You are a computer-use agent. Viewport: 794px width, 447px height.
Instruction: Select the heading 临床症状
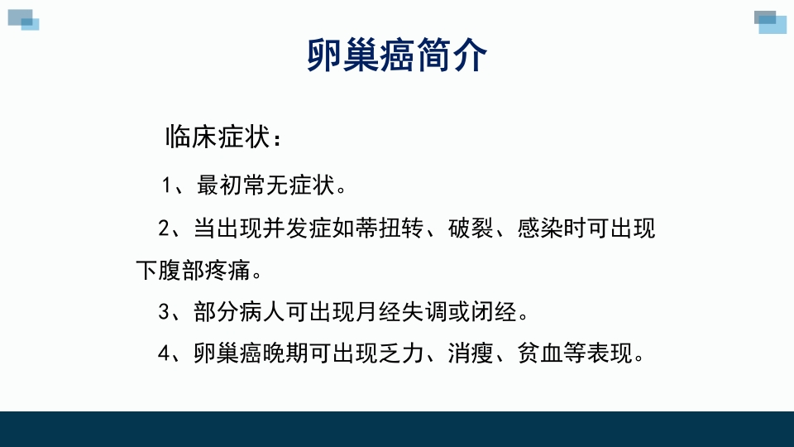[218, 138]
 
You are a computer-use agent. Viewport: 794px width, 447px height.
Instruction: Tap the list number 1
[167, 185]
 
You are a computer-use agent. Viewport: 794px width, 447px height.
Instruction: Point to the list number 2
[164, 228]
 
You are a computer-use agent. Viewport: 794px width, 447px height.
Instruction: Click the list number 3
[164, 311]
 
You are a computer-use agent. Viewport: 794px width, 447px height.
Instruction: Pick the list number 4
[164, 353]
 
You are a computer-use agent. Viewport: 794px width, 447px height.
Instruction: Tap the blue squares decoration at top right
[771, 22]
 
